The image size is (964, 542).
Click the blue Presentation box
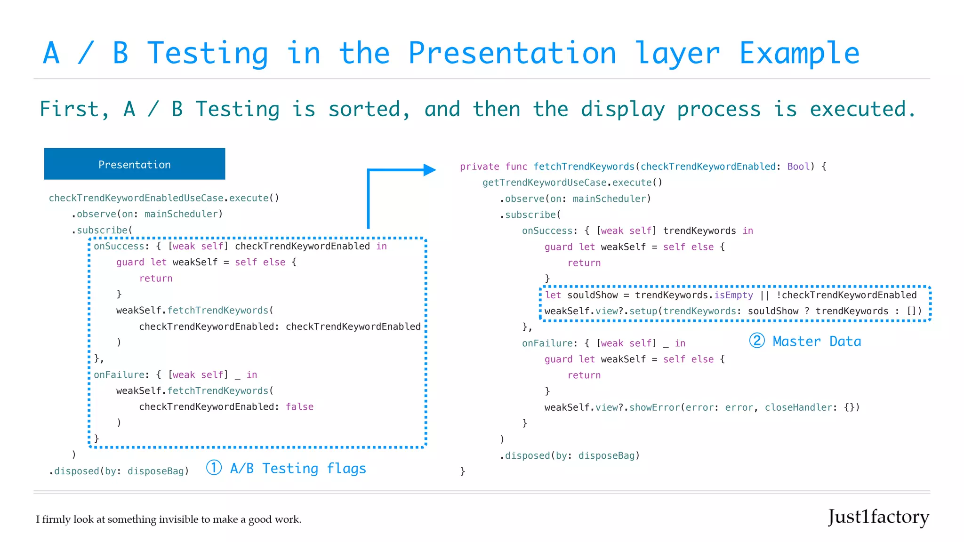[x=135, y=164]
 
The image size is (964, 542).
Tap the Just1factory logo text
[x=878, y=517]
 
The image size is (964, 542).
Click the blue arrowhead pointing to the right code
[x=429, y=170]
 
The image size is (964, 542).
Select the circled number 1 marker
[x=214, y=468]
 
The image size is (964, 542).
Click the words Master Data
[x=817, y=341]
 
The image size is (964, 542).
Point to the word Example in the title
[x=799, y=53]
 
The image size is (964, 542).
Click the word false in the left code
[x=299, y=406]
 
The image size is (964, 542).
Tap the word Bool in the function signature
[x=798, y=167]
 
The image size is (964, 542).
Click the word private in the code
[x=479, y=167]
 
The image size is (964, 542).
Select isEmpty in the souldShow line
[x=733, y=295]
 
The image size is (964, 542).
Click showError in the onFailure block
[x=654, y=407]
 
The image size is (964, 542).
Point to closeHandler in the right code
[x=798, y=407]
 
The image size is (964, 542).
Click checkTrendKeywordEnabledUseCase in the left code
[x=136, y=198]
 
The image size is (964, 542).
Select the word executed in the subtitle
[x=862, y=109]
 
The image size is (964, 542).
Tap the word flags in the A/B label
[x=346, y=469]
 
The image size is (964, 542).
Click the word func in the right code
[x=516, y=167]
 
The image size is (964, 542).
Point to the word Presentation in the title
[x=512, y=53]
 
